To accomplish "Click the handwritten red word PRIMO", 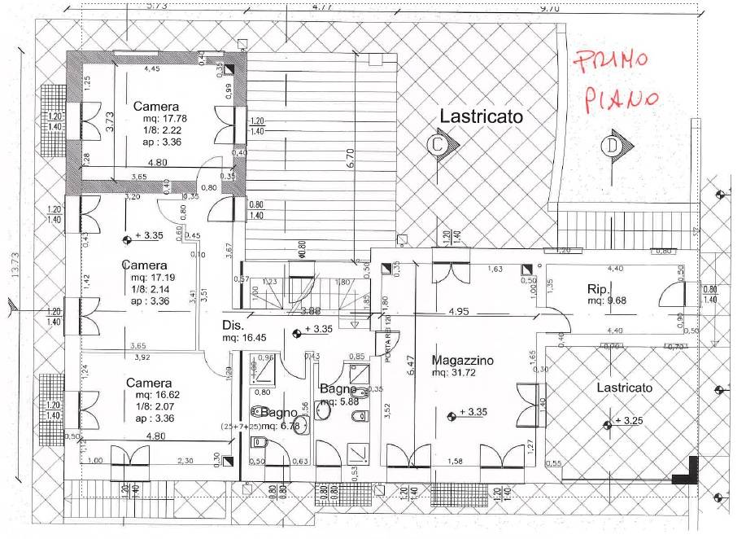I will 609,61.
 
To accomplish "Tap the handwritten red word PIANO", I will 615,96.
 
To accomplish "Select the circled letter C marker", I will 438,145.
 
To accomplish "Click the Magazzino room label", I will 464,361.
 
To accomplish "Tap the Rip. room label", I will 600,288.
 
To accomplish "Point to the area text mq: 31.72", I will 460,374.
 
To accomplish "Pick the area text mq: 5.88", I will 339,401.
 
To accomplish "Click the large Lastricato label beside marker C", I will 481,116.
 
